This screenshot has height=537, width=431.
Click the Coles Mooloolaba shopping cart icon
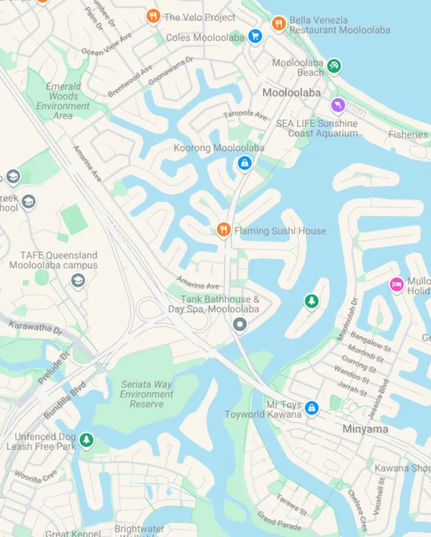(255, 36)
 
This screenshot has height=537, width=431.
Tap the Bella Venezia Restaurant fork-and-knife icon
(279, 23)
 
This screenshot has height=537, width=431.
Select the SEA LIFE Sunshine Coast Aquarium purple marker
(337, 106)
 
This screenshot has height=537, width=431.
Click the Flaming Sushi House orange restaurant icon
(224, 230)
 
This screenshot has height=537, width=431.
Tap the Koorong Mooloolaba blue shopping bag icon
(244, 163)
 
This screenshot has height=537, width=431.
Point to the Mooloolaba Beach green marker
(334, 65)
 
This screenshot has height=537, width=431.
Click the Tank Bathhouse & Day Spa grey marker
(240, 324)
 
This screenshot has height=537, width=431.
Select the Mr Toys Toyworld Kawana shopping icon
(312, 408)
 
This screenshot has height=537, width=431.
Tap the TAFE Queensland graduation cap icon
(77, 281)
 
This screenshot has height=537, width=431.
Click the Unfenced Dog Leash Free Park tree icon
(86, 440)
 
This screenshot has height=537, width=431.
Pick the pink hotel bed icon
(397, 285)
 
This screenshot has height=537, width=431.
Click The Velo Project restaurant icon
(153, 17)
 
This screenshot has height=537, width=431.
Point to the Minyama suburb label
(365, 429)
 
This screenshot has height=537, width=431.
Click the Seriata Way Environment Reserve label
(147, 394)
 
